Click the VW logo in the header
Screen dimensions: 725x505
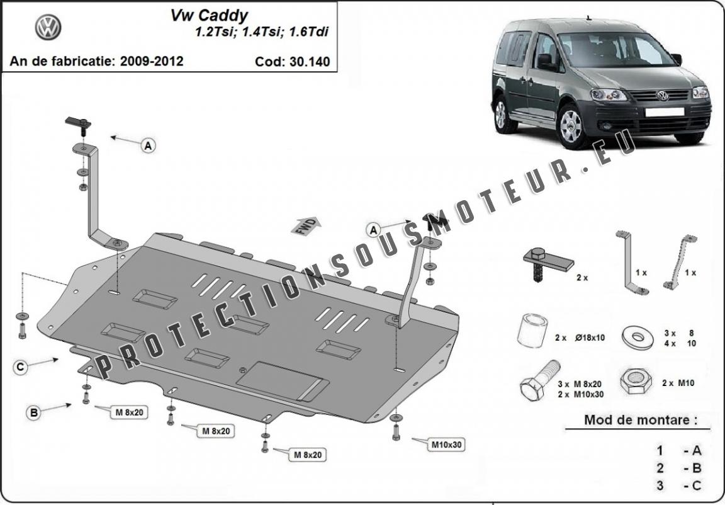[x=48, y=27]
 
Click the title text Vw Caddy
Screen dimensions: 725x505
[x=209, y=16]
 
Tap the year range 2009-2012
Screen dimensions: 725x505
[x=152, y=61]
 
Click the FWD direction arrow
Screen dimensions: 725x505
[x=306, y=225]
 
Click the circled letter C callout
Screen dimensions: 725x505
[x=20, y=367]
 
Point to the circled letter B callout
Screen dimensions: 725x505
[x=34, y=412]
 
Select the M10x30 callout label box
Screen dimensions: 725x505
[x=446, y=445]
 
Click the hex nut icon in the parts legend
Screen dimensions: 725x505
[x=635, y=382]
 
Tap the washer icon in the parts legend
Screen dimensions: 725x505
[x=638, y=338]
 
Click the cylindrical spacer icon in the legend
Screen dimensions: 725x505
[x=532, y=330]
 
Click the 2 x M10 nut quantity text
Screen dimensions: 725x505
[x=678, y=383]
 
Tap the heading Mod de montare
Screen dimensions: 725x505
[x=641, y=420]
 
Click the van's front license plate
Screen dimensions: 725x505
[x=665, y=112]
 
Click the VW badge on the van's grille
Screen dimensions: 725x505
[x=663, y=96]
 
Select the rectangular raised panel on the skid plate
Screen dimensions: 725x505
[x=283, y=380]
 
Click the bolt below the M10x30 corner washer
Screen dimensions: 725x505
[x=396, y=431]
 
